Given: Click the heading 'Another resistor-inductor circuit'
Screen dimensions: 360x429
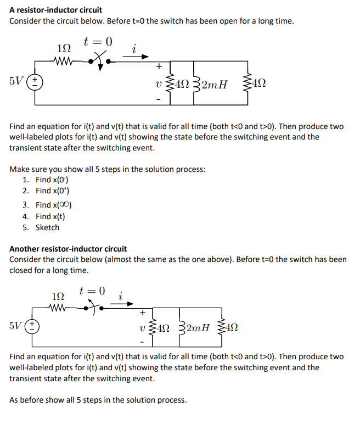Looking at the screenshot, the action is click(68, 249).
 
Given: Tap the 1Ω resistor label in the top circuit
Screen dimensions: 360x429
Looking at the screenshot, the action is click(64, 48).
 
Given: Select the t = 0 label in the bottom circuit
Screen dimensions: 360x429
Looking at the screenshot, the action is click(93, 291).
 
